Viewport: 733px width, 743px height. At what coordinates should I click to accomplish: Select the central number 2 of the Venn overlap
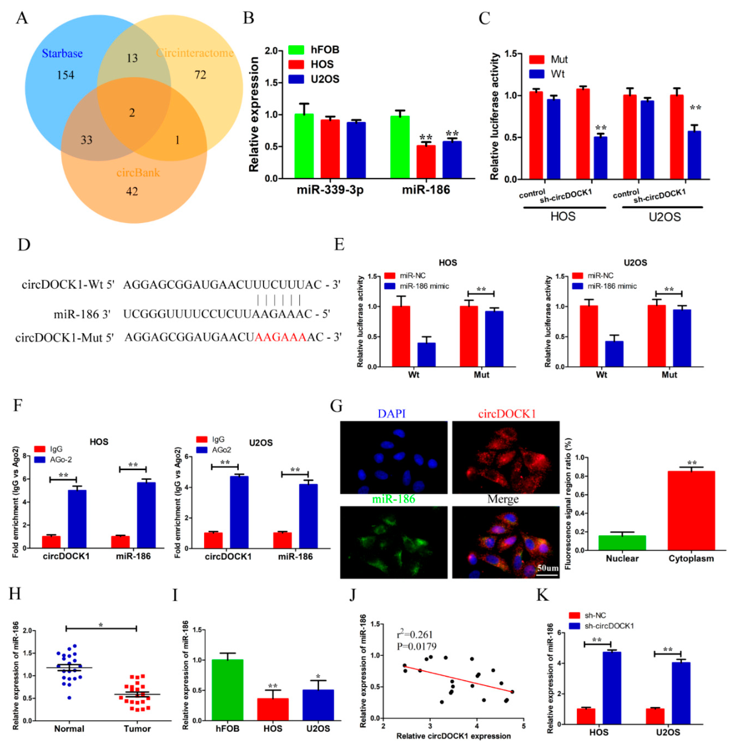point(132,113)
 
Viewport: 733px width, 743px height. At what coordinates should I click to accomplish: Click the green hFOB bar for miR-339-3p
point(304,146)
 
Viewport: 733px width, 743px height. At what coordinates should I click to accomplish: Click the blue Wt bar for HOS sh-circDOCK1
point(600,158)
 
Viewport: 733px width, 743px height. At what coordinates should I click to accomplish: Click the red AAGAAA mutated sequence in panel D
point(280,337)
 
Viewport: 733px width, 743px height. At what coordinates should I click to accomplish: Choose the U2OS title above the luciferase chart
point(635,263)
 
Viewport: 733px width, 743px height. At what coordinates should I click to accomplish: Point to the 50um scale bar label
point(547,568)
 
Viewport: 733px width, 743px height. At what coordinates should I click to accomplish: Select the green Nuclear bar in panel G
point(622,543)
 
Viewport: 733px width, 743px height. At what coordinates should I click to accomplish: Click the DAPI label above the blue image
point(391,414)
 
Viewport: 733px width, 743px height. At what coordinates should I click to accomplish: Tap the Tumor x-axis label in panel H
point(137,729)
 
